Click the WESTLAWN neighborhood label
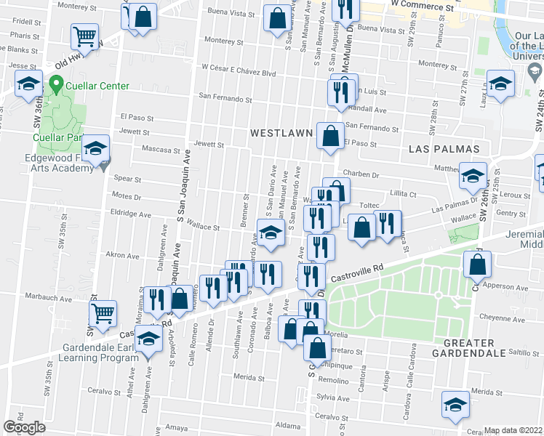coord(281,134)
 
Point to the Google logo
coord(24,427)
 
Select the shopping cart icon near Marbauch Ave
coord(103,314)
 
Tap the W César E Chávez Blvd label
coord(240,73)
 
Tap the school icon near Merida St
coord(456,403)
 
